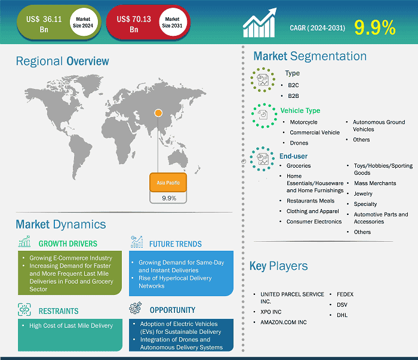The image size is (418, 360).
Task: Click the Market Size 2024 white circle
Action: (83, 22)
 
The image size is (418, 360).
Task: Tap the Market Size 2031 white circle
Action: (172, 22)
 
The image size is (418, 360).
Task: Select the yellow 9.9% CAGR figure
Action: (375, 27)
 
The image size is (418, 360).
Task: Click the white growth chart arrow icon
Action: (260, 23)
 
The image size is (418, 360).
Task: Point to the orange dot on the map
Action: (158, 113)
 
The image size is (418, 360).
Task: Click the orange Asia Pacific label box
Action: (168, 183)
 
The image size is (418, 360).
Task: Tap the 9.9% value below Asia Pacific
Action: (169, 198)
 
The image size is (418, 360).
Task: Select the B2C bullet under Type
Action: (293, 85)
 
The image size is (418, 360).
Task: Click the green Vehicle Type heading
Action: (300, 110)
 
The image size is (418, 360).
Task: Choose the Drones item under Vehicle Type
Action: (299, 143)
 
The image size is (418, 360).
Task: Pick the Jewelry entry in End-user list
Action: (363, 193)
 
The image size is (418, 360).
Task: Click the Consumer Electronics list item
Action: (314, 221)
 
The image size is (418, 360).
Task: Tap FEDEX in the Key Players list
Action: (345, 294)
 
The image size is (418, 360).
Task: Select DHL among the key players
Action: (342, 315)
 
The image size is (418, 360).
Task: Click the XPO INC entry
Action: (271, 312)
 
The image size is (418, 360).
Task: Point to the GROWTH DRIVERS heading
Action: (68, 244)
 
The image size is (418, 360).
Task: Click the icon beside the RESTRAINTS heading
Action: (24, 309)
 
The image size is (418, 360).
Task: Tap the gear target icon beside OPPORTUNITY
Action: (136, 308)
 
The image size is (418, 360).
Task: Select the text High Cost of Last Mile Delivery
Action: (71, 325)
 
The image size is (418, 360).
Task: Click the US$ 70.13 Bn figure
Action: (134, 24)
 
